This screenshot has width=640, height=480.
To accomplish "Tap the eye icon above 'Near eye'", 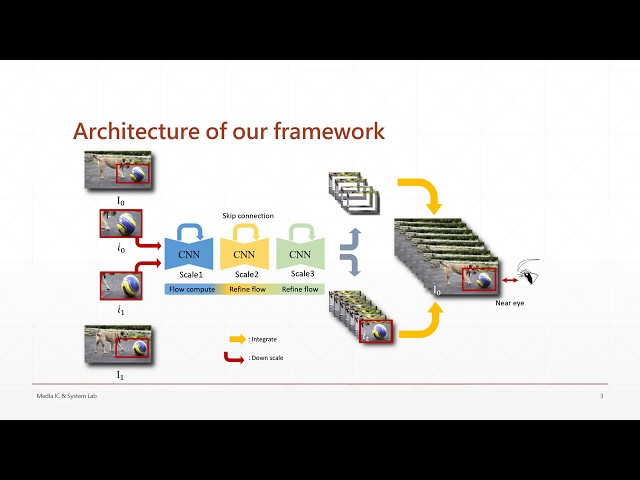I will click(529, 270).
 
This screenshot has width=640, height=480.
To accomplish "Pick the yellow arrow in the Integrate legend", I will click(237, 339).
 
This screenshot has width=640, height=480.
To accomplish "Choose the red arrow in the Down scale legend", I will click(236, 356).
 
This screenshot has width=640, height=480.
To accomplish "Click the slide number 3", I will click(601, 396).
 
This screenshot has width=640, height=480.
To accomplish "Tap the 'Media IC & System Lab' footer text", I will click(67, 396).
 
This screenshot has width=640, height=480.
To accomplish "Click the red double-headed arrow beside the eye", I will click(508, 278).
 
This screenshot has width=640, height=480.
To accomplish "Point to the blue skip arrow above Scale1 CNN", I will click(189, 230).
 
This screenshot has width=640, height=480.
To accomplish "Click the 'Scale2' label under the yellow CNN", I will click(245, 274).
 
